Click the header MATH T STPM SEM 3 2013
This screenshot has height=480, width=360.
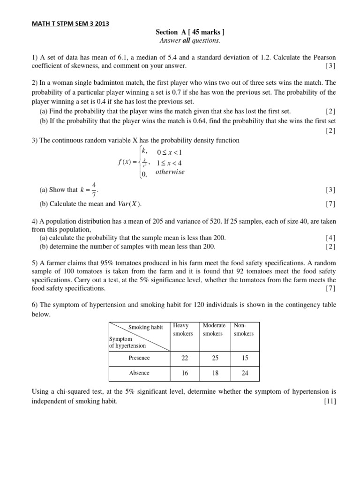pyautogui.click(x=70, y=23)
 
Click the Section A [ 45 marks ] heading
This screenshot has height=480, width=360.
pyautogui.click(x=190, y=32)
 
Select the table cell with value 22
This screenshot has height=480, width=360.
pyautogui.click(x=185, y=358)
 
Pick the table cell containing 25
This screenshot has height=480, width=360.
pyautogui.click(x=215, y=358)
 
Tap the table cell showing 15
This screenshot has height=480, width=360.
pyautogui.click(x=245, y=358)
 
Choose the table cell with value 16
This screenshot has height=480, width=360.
pyautogui.click(x=185, y=373)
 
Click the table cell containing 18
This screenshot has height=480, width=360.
pyautogui.click(x=215, y=373)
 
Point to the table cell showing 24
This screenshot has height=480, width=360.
pyautogui.click(x=245, y=373)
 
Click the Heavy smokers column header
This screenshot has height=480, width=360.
pyautogui.click(x=183, y=330)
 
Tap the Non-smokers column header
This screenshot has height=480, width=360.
pyautogui.click(x=243, y=330)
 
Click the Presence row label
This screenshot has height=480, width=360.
pyautogui.click(x=139, y=358)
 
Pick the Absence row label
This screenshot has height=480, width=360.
pyautogui.click(x=139, y=373)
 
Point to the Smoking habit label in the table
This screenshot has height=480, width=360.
pyautogui.click(x=145, y=328)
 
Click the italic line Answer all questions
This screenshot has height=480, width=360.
pyautogui.click(x=190, y=40)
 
